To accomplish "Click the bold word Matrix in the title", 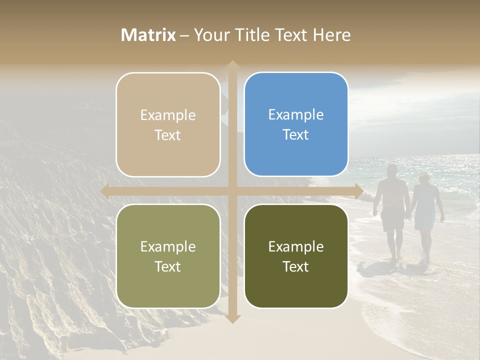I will click(x=148, y=35).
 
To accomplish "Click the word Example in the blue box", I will click(x=296, y=115).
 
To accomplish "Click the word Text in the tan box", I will click(x=168, y=135).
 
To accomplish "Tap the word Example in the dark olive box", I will click(x=296, y=247).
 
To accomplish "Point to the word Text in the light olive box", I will click(x=168, y=267).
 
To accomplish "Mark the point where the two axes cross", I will click(x=232, y=191).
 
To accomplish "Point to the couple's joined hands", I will click(x=409, y=216).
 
